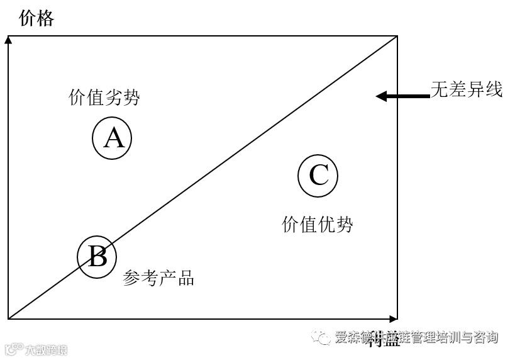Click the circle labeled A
point(113,138)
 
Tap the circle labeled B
point(97,256)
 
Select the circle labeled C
point(318,175)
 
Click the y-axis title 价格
point(37,18)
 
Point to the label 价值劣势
point(104,98)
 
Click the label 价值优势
point(318,224)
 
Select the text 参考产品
point(158,278)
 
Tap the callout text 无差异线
point(467,89)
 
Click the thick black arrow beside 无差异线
point(402,96)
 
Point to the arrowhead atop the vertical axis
point(8,40)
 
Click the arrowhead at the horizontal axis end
point(394,318)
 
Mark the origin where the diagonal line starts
point(9,318)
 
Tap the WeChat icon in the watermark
point(323,338)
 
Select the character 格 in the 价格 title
point(46,18)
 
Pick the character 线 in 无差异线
point(494,89)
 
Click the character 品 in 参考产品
point(186,278)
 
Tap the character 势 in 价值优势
point(345,224)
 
